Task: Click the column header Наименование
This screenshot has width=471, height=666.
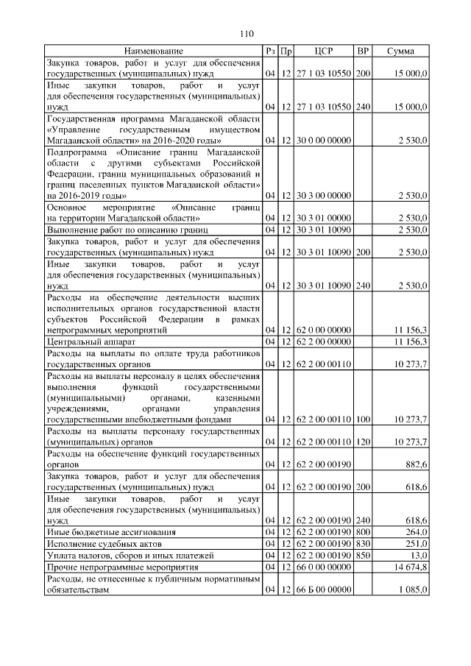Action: (x=153, y=51)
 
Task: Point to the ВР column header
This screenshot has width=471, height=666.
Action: (x=363, y=51)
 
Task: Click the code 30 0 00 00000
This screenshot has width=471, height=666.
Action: (x=325, y=139)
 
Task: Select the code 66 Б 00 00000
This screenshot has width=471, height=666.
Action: (x=325, y=590)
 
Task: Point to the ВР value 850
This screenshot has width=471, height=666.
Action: (x=363, y=555)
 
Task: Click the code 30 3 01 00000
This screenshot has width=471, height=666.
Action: (x=325, y=219)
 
